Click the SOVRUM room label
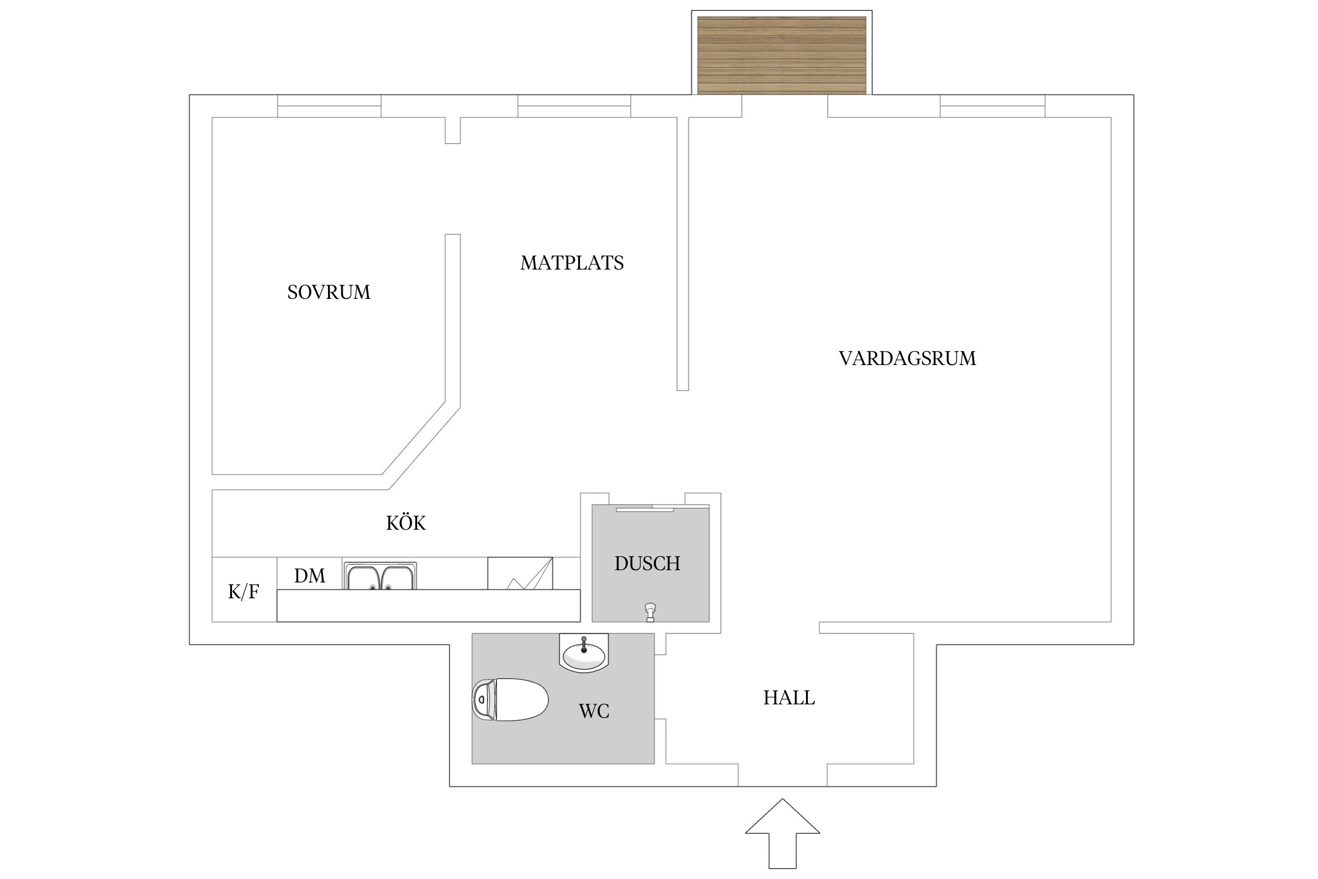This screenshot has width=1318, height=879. [329, 292]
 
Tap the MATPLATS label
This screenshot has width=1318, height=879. [572, 263]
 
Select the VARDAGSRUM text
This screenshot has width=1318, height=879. [907, 358]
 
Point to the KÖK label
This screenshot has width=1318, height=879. [405, 523]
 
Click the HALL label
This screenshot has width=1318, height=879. [788, 698]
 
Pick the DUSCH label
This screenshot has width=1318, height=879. [647, 563]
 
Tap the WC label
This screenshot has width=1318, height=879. [594, 711]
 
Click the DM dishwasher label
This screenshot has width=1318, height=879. [309, 576]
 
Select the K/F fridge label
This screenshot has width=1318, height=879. [243, 592]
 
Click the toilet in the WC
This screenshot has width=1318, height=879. [510, 700]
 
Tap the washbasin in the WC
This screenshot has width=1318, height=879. [584, 653]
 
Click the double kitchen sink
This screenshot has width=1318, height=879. [381, 577]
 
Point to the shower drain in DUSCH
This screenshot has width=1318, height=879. [650, 612]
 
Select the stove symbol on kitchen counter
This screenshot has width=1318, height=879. [520, 574]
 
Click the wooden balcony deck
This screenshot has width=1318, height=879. [781, 55]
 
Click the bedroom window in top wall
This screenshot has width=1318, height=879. [329, 106]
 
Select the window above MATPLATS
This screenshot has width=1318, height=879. [574, 106]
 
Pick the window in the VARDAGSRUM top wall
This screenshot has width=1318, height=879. [992, 106]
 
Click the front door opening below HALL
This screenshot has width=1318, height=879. [782, 775]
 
